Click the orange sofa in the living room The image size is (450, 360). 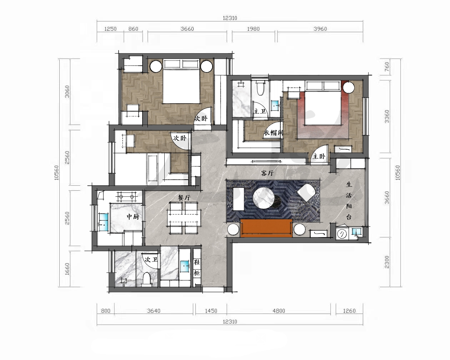(x=266, y=228)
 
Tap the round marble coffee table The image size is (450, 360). (x=264, y=197)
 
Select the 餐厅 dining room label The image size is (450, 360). (x=184, y=197)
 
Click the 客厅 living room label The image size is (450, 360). (x=267, y=173)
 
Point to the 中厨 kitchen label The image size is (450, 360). (x=133, y=217)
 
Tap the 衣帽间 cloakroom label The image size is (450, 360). (x=274, y=132)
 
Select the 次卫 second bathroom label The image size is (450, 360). (x=151, y=260)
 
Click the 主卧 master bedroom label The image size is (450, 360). (x=319, y=156)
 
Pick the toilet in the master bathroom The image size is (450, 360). (x=260, y=89)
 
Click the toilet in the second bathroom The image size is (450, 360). (x=146, y=279)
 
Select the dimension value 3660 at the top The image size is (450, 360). (x=187, y=29)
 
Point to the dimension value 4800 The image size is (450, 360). (x=279, y=311)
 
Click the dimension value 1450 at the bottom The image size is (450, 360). (x=211, y=311)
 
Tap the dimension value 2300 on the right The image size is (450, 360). (x=387, y=262)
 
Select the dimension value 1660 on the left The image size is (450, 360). (x=67, y=269)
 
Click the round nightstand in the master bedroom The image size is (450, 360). (x=348, y=87)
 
